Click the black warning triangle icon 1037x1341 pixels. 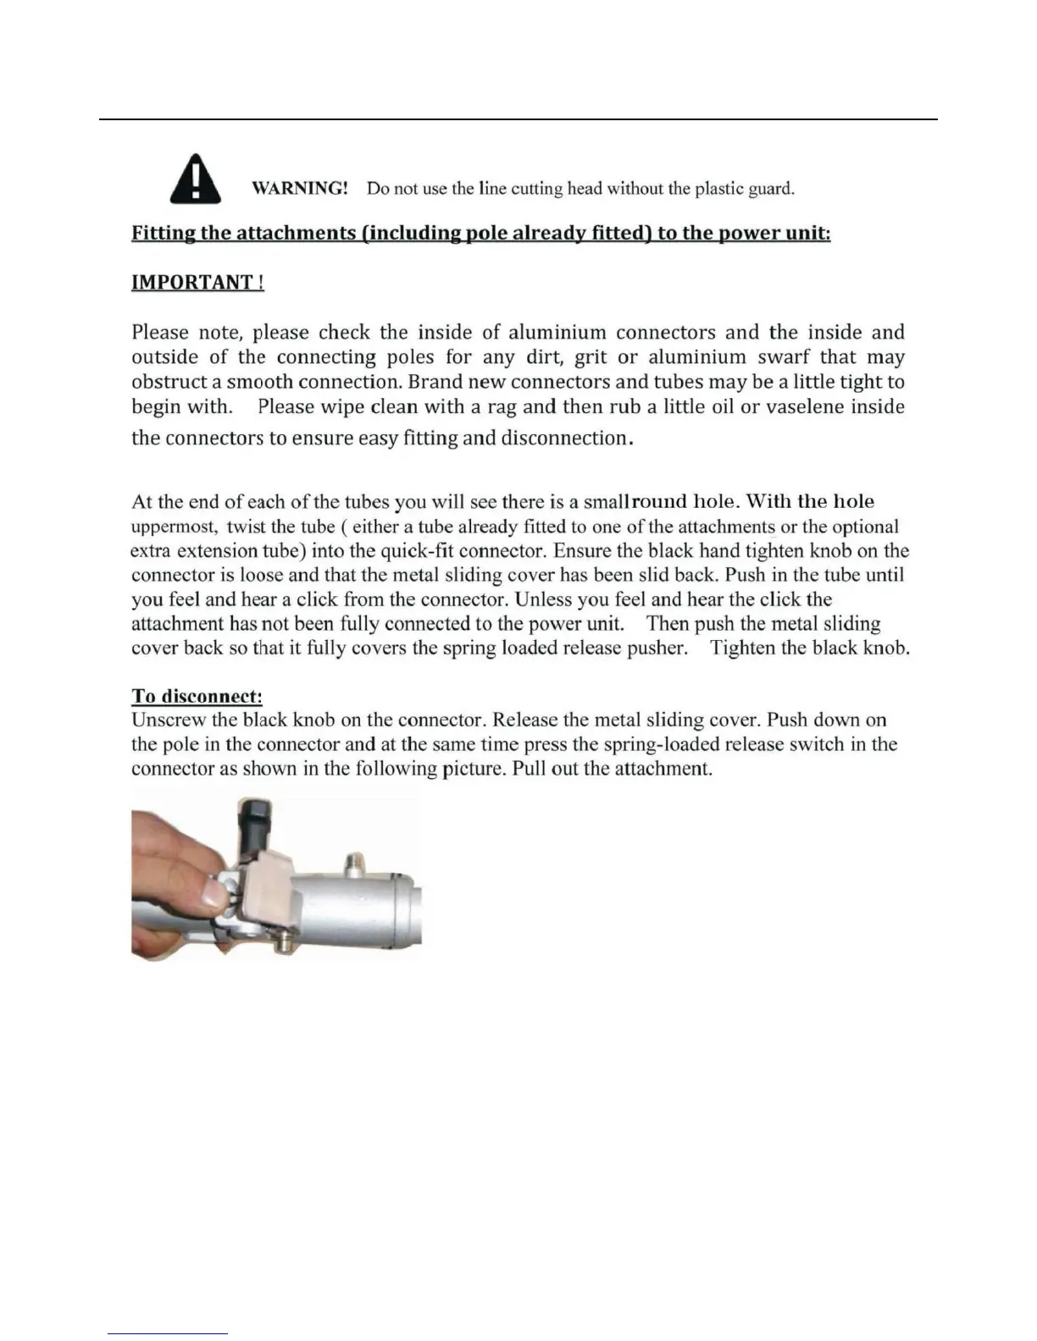coord(196,179)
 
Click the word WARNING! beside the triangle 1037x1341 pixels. coord(300,188)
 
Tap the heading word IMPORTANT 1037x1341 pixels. coord(192,283)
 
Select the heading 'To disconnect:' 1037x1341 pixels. coord(197,696)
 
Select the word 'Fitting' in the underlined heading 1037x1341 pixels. coord(164,234)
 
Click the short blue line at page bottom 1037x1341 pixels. coord(168,1334)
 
